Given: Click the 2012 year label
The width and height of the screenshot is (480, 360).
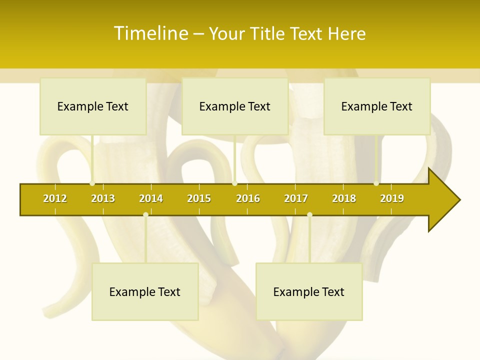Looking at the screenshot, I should [x=55, y=198].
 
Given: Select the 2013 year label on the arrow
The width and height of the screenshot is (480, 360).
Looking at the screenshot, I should [x=103, y=198].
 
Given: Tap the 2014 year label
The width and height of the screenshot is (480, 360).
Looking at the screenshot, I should [x=151, y=198].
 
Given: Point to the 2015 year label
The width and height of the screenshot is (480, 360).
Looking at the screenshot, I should [x=199, y=198].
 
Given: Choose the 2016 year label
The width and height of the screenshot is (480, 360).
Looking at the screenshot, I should [x=248, y=198].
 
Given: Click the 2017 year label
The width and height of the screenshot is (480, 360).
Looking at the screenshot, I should [x=296, y=198].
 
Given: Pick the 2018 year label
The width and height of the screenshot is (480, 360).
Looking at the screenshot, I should [x=344, y=198].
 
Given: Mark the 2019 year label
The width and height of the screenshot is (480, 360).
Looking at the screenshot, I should [x=392, y=198].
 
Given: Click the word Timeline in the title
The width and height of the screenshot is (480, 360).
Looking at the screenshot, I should [x=151, y=33].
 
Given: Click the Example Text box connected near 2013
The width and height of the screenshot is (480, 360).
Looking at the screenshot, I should [x=93, y=106].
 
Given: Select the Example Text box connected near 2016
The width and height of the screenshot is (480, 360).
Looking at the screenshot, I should [x=235, y=106].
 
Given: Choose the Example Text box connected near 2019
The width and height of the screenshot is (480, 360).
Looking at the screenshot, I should [x=377, y=106].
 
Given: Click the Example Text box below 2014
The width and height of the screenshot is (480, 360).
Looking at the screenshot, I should [x=145, y=291].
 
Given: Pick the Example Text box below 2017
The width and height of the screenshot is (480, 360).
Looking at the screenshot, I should [x=309, y=291].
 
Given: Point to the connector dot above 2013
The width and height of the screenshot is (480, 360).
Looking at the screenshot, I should [x=92, y=183].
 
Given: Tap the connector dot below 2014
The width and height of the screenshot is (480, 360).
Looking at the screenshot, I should [x=145, y=215].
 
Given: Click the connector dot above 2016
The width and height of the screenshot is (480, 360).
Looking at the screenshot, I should [x=234, y=183].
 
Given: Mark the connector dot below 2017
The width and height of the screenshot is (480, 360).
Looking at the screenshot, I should [x=309, y=215].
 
